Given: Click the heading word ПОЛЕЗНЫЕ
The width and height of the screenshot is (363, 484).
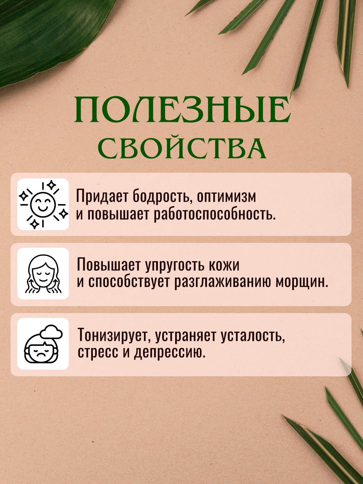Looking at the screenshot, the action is pos(182,110).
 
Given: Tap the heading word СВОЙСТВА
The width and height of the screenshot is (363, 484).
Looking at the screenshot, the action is pos(182,147).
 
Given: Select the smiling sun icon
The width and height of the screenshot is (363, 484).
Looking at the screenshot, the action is pos(43,204).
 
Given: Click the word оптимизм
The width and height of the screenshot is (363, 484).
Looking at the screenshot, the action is pos(226,197).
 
